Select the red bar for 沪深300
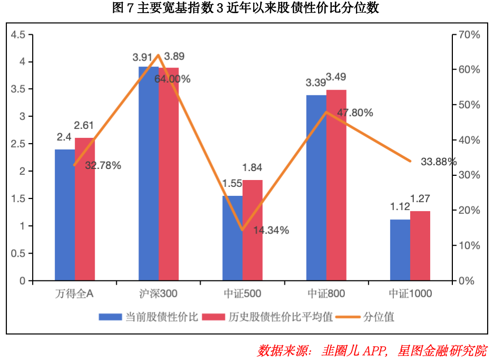[169, 174]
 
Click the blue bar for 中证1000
[400, 250]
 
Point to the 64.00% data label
[172, 79]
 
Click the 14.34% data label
[271, 230]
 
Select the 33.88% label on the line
[438, 162]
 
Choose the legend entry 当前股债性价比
[149, 317]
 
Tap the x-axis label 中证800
[326, 293]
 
